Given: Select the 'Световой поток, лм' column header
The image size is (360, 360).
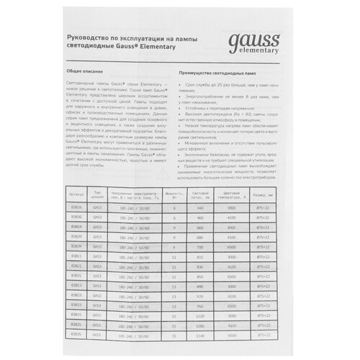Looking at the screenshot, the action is coord(200,194).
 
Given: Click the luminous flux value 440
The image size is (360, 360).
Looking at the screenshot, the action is coord(200,207).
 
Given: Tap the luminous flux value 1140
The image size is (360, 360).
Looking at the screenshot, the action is coord(200,335).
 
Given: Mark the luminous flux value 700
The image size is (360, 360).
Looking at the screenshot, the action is coord(200,246).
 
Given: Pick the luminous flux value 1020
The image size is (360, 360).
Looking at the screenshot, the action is coord(200,315).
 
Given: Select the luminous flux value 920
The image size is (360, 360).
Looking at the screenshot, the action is coord(200,295).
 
